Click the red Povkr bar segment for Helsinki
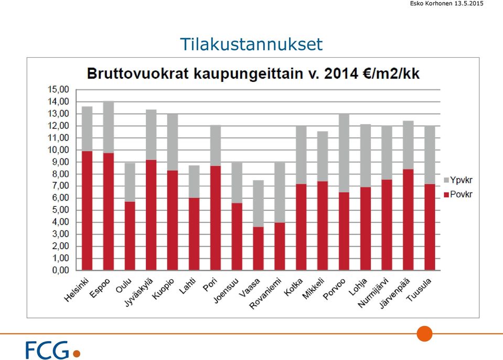87,210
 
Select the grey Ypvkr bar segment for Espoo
109,127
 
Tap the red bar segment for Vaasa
258,249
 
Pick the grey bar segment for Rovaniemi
280,193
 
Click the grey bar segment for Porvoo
344,153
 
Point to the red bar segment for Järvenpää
408,220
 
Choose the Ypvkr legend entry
458,180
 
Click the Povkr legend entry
458,195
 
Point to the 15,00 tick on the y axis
58,90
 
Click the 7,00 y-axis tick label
60,186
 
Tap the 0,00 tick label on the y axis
60,270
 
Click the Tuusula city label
419,290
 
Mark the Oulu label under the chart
123,285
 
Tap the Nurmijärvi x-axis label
373,293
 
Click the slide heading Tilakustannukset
251,44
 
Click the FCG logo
52,350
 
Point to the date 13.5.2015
469,4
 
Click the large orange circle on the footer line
424,334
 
